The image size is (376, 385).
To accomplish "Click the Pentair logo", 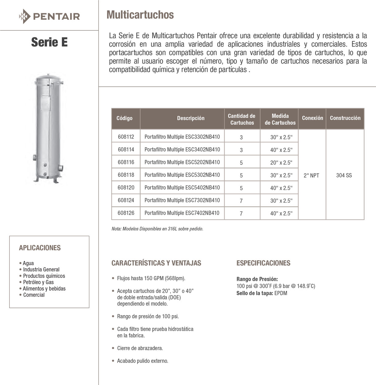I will tap(49, 16).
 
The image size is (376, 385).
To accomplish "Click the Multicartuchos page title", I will tap(140, 15).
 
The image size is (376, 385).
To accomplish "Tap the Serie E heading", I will tap(49, 42).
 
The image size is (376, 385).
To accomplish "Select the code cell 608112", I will tap(126, 137).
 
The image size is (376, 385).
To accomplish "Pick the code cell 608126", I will tap(126, 213).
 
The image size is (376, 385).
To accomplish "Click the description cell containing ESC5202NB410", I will tap(182, 162).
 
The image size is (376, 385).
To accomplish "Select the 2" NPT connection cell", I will tap(311, 175).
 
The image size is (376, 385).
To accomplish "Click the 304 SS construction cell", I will tap(344, 175).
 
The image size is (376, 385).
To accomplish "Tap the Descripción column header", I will tap(191, 118).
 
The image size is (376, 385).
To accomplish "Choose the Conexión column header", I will tap(313, 118).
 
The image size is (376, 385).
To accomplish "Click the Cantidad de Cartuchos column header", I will tap(242, 119).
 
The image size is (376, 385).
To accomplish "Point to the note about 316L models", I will tap(157, 229).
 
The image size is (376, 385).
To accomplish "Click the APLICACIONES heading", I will tap(40, 248).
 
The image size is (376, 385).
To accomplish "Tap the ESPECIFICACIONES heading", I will tap(263, 263).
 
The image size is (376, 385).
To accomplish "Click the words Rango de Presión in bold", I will tap(257, 279).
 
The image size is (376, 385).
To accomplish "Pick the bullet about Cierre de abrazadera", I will tap(140, 348).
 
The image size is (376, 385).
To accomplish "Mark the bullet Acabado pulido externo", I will tap(142, 361).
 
